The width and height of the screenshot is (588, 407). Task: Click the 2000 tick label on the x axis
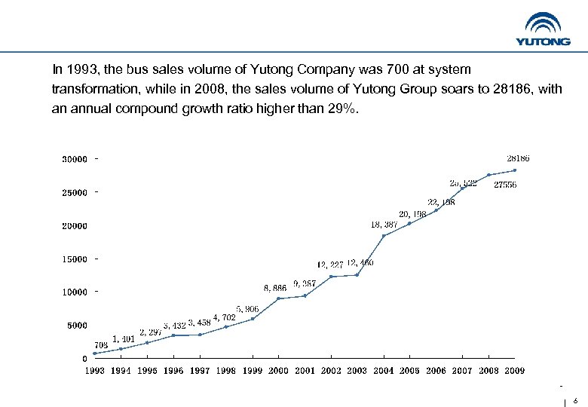click(278, 371)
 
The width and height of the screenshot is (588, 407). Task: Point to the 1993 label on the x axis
click(94, 371)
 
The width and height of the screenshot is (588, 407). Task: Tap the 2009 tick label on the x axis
click(514, 371)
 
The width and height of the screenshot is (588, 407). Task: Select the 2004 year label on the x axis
click(383, 371)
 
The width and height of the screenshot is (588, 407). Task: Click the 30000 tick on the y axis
click(74, 159)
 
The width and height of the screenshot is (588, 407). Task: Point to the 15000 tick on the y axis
click(74, 259)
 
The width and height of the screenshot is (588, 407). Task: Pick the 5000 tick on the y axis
click(75, 326)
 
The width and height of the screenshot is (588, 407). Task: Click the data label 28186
click(518, 158)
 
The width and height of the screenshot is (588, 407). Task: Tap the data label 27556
click(504, 185)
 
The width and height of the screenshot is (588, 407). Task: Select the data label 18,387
click(384, 224)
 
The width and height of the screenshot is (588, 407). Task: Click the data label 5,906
click(247, 309)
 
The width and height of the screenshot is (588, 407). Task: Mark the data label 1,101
click(123, 339)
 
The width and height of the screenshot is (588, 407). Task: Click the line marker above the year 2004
click(384, 236)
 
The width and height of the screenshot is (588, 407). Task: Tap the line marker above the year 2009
click(515, 170)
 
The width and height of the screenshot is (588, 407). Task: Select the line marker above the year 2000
click(278, 298)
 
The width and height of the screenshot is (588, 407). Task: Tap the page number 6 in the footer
click(575, 401)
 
